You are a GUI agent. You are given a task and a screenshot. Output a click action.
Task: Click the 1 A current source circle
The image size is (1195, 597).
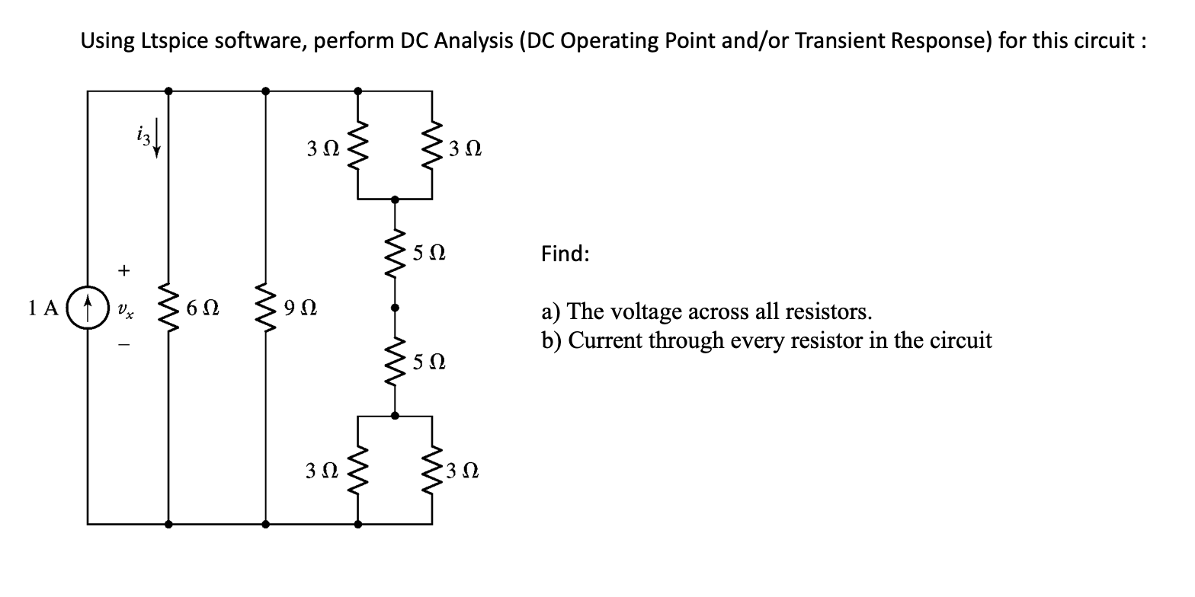[x=88, y=308]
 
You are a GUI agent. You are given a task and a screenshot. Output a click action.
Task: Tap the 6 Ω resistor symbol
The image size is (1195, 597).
[x=168, y=308]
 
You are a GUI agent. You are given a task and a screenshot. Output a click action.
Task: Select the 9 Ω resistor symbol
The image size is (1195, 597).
[x=265, y=308]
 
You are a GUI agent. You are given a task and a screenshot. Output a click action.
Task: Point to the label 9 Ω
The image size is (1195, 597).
[x=300, y=309]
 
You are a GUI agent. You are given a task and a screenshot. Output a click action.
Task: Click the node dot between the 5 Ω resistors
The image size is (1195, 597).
[x=394, y=308]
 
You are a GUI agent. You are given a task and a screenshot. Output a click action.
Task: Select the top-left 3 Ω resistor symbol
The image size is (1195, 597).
[x=359, y=145]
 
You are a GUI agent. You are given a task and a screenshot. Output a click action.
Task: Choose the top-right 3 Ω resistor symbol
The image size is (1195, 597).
[x=432, y=145]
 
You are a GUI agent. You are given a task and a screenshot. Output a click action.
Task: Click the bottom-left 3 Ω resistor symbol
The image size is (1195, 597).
[x=359, y=471]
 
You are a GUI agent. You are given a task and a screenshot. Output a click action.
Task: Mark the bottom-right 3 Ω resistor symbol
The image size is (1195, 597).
[x=432, y=471]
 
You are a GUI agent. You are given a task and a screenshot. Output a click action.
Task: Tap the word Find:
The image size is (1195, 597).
[x=565, y=254]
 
